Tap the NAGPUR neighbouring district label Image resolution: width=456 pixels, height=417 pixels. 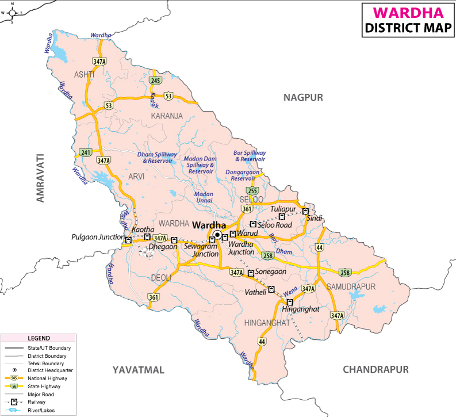[x=303, y=98]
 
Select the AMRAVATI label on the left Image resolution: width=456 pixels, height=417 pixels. [x=40, y=178]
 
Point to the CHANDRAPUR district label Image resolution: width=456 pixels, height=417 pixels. [x=375, y=369]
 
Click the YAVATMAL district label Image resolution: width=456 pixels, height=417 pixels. [x=139, y=369]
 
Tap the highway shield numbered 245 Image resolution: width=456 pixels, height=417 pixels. [x=155, y=81]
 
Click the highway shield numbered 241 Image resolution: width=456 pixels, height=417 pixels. [x=86, y=152]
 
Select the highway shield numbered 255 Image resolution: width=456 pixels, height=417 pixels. [x=251, y=191]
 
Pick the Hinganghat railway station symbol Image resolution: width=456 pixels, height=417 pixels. [x=289, y=301]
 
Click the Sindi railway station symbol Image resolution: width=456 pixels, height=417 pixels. [x=305, y=211]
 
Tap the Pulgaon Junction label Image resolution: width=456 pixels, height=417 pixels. [x=98, y=237]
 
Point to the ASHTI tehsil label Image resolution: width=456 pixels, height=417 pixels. [x=85, y=75]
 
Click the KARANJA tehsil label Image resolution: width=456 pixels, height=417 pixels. [x=167, y=116]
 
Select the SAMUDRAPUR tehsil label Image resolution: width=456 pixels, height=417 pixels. [x=350, y=286]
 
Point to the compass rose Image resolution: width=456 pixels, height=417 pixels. [x=12, y=12]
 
